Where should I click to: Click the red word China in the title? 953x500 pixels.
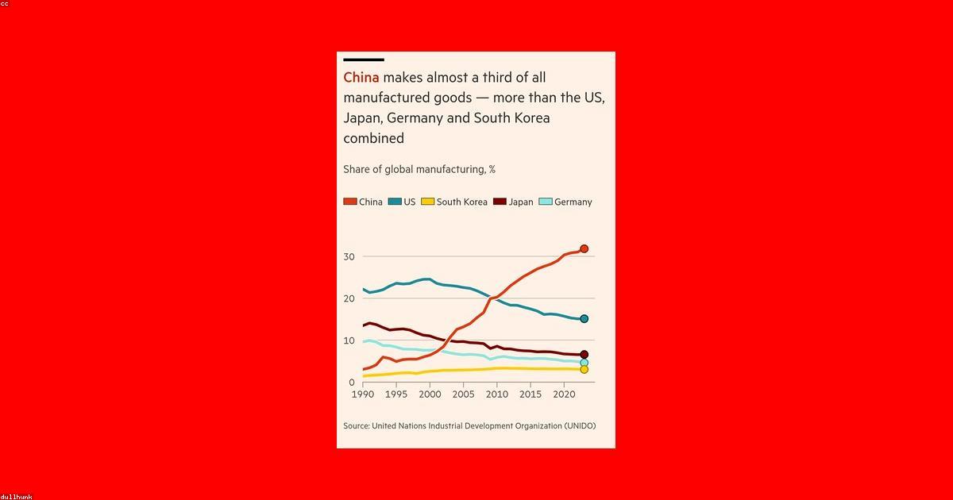coord(361,78)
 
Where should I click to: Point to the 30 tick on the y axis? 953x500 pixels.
coord(349,256)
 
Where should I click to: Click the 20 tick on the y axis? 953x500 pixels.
coord(349,298)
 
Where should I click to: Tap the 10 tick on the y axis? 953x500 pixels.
coord(349,340)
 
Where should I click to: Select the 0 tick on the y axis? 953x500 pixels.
coord(352,383)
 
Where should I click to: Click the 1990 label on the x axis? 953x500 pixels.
coord(362,394)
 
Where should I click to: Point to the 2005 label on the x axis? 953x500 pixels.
coord(463,394)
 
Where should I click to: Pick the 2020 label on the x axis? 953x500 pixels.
coord(563,394)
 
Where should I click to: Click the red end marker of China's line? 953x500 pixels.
coord(584,249)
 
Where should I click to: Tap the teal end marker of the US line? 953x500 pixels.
coord(584,319)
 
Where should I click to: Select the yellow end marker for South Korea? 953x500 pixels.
coord(584,369)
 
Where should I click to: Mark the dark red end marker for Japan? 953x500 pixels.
coord(584,355)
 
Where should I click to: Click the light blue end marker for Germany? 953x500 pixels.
coord(584,363)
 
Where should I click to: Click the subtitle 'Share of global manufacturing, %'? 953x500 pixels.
coord(419,169)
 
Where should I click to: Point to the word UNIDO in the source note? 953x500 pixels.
coord(577,426)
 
